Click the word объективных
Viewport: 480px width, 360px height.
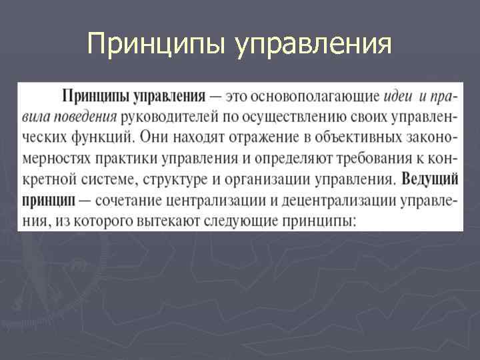353,138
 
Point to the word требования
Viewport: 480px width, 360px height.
368,159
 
